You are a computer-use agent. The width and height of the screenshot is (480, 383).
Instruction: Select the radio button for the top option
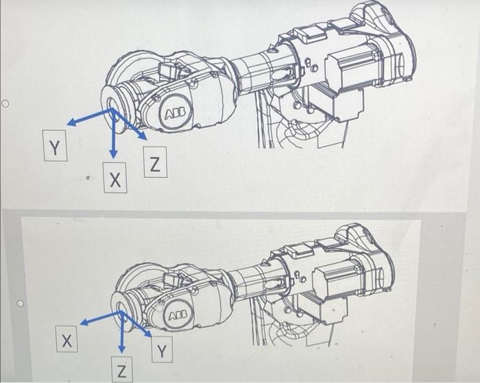[5, 104]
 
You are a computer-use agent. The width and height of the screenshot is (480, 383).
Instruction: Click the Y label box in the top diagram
[54, 146]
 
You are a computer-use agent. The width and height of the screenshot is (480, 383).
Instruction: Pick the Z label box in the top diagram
[156, 164]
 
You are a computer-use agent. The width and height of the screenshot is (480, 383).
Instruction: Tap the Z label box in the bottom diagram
[122, 370]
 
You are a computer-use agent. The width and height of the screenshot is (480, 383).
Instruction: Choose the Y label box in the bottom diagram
[162, 352]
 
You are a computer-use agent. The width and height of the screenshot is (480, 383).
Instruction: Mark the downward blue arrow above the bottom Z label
[121, 332]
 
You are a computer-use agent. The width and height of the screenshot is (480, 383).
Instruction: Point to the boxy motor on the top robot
[350, 72]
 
